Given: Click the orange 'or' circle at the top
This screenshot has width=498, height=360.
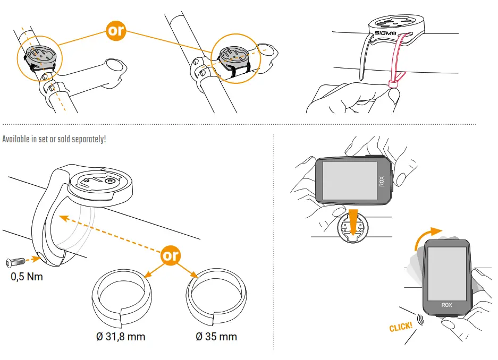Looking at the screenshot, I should click(x=115, y=30).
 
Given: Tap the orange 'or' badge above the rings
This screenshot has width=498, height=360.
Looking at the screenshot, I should click(x=171, y=255).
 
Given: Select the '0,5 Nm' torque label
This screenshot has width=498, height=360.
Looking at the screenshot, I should click(x=27, y=277).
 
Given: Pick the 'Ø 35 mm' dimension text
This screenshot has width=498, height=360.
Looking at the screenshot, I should click(x=216, y=337).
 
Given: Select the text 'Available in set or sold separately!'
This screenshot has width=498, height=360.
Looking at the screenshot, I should click(x=54, y=139).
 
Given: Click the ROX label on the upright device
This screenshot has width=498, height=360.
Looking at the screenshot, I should click(x=446, y=305).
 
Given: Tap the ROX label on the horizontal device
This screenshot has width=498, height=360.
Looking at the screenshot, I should click(x=381, y=181).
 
